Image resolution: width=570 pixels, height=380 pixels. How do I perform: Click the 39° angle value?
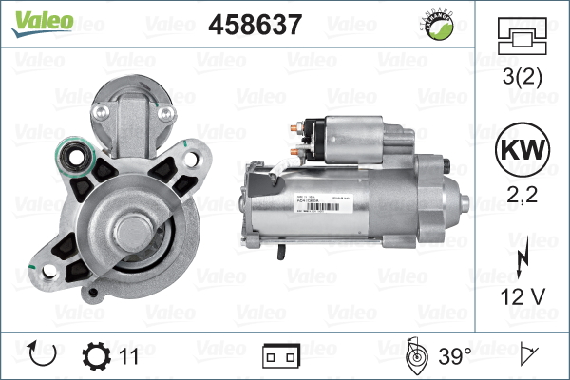point(454,356)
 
